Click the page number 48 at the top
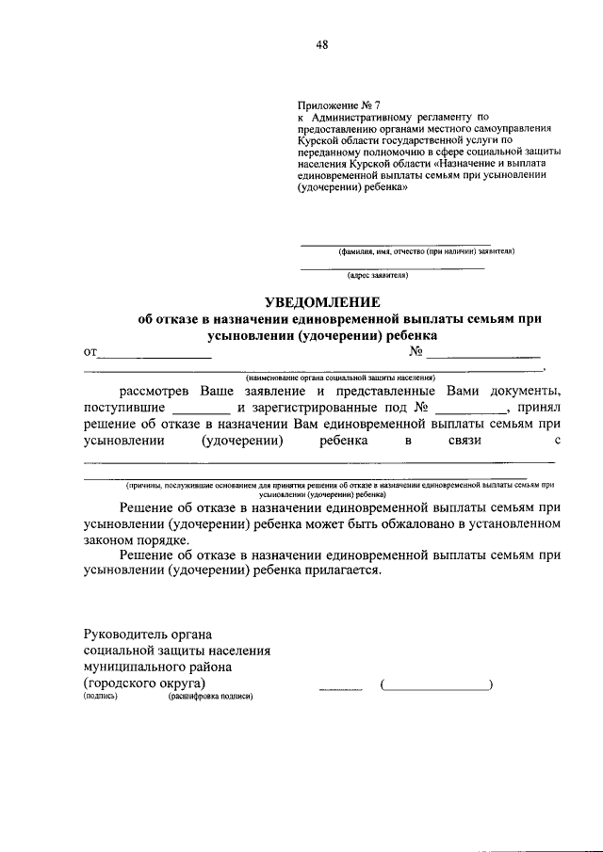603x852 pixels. point(321,45)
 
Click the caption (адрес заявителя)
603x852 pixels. point(377,275)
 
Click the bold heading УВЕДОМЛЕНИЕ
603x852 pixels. point(321,302)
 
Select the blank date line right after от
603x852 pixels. point(155,357)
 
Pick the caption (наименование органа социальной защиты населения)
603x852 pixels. point(327,378)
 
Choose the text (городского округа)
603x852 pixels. point(145,683)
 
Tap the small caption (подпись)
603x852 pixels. point(101,697)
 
